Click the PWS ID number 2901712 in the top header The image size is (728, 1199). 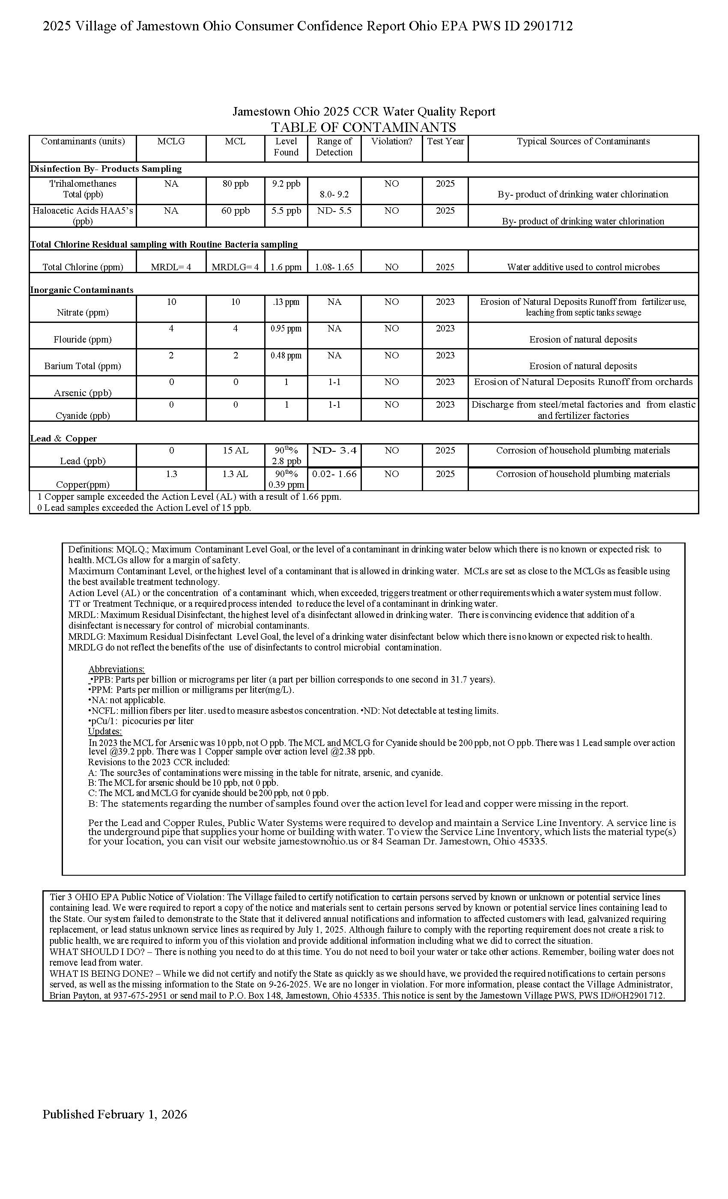547,26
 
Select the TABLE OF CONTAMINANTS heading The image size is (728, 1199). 364,128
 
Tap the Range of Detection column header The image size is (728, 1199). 334,147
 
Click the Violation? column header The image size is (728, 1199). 391,142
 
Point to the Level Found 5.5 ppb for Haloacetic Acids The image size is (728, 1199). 286,211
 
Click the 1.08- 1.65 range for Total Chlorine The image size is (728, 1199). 334,267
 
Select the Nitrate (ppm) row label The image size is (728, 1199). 83,313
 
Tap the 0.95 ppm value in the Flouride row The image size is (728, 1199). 286,329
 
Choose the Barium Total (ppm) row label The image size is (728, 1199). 83,366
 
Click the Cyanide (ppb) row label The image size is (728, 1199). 83,415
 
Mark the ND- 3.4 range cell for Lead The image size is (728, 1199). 334,450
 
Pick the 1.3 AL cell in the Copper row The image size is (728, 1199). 236,474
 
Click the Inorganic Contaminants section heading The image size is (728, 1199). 82,290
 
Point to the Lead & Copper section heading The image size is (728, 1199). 63,438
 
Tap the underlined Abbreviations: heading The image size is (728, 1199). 116,669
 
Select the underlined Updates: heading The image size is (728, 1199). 104,731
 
